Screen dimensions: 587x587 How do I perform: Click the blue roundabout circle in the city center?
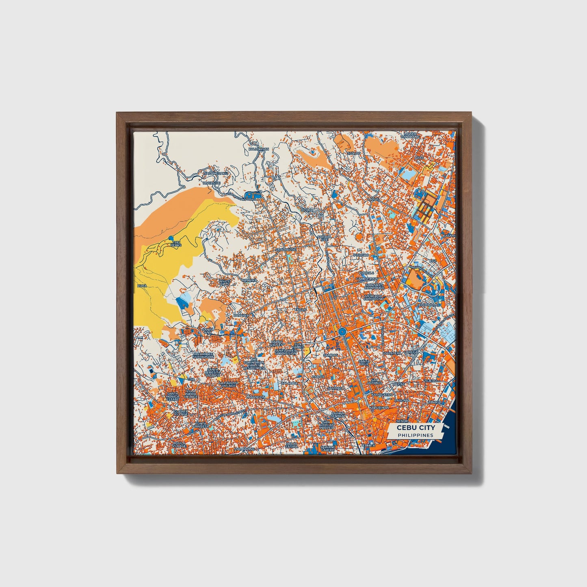point(342,332)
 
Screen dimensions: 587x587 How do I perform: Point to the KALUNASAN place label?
point(258,149)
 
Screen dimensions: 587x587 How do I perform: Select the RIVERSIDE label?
point(211,183)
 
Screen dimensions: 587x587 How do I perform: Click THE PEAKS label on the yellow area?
point(175,244)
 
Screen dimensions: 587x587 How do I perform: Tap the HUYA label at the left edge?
point(142,286)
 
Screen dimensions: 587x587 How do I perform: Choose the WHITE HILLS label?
point(225,282)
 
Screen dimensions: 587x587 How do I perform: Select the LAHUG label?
point(373,199)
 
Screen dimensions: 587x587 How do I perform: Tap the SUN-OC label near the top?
point(353,153)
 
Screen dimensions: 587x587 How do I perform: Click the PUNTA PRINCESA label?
point(201,425)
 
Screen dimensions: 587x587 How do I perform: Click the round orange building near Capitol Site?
point(359,236)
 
